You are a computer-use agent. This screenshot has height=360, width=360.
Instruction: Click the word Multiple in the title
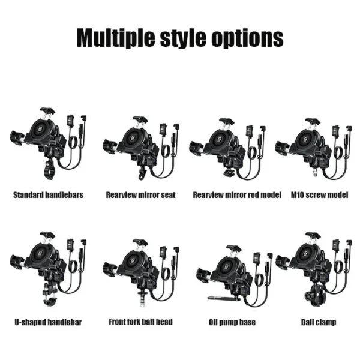click(116, 38)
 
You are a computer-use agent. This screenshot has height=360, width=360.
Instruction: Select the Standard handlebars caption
click(48, 195)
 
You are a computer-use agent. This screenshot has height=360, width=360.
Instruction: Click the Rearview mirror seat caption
click(140, 195)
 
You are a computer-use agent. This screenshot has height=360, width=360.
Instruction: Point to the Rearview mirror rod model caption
click(237, 195)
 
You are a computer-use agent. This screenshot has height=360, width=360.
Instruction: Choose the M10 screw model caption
click(320, 195)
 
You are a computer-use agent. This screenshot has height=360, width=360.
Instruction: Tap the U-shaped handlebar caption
click(48, 322)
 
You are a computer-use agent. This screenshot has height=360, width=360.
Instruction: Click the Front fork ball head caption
click(140, 322)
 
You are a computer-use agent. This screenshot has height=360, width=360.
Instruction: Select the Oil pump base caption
click(232, 322)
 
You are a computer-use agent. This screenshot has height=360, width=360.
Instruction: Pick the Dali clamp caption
click(319, 322)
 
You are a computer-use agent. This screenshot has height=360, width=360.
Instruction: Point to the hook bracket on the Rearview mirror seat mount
click(142, 173)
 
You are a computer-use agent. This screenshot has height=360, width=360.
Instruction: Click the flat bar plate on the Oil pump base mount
click(224, 298)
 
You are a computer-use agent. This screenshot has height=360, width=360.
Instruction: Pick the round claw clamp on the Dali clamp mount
click(314, 295)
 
